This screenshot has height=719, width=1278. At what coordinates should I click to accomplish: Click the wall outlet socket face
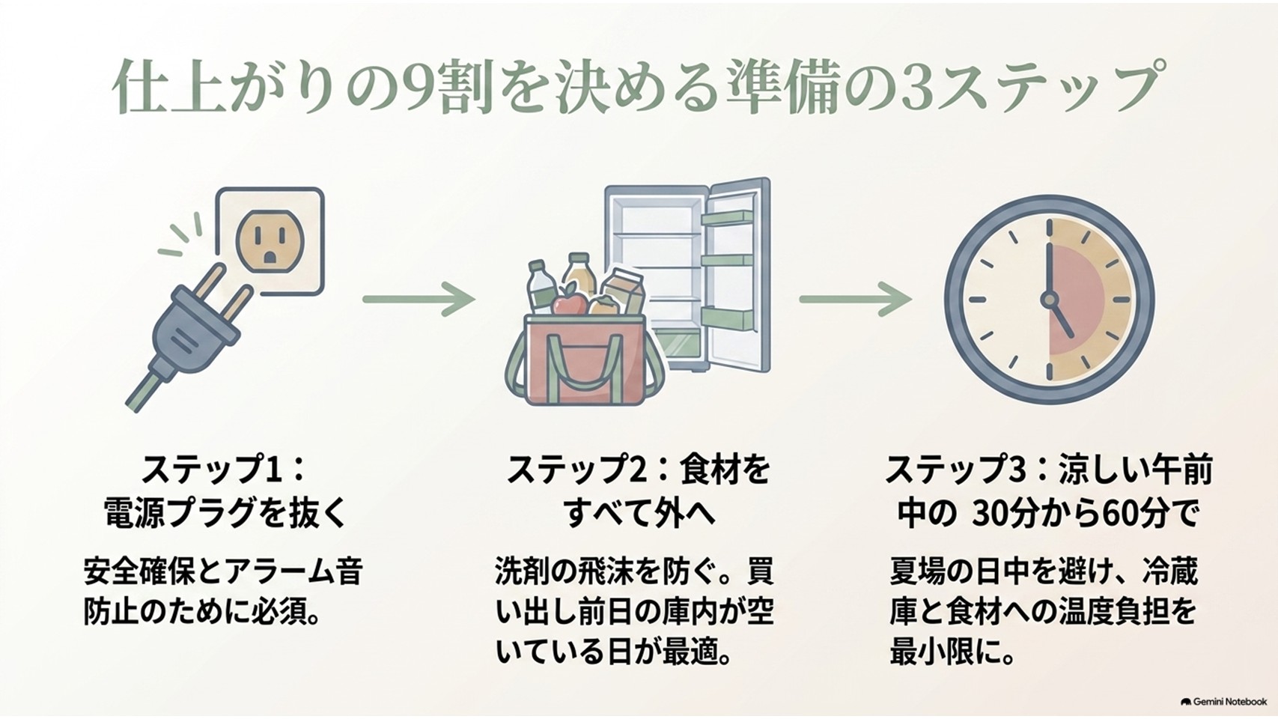click(270, 240)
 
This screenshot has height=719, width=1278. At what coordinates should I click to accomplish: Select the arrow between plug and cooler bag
click(419, 298)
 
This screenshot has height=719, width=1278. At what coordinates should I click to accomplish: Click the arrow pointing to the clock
click(855, 298)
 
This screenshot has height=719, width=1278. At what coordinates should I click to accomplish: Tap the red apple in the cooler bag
click(570, 303)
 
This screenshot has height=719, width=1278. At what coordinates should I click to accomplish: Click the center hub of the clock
click(1049, 299)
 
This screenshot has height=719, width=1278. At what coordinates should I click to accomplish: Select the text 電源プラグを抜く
click(226, 512)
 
